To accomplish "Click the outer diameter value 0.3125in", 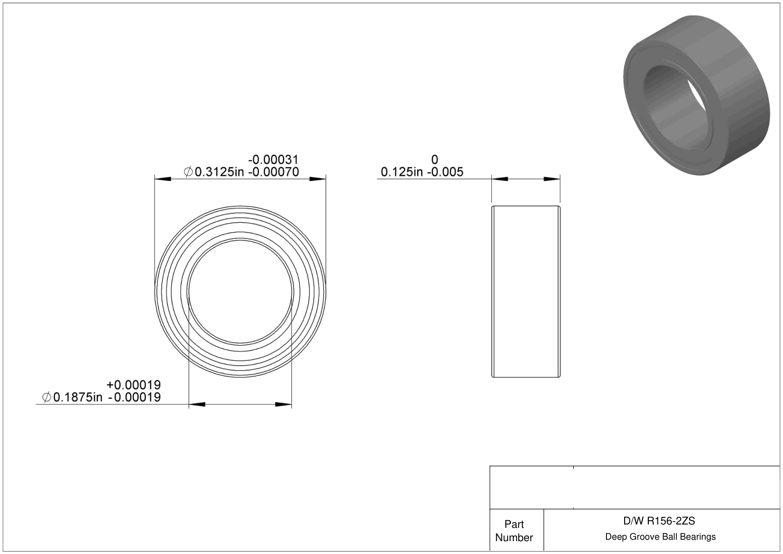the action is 219,172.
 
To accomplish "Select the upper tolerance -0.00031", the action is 274,160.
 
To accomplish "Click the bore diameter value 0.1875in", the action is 78,397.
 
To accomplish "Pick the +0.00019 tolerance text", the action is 134,385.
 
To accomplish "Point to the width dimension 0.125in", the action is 401,172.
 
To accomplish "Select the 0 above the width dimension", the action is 434,160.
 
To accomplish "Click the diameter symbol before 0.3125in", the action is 188,172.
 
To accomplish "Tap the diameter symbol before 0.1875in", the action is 47,397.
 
